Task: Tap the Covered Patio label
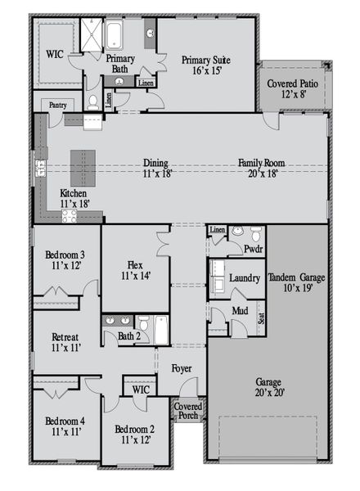[294, 89]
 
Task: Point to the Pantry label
[57, 105]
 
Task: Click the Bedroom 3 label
[65, 262]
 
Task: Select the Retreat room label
[65, 342]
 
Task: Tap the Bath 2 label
[128, 336]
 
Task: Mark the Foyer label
[181, 368]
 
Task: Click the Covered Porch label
[187, 411]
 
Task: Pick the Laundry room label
[244, 278]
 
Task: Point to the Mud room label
[240, 311]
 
